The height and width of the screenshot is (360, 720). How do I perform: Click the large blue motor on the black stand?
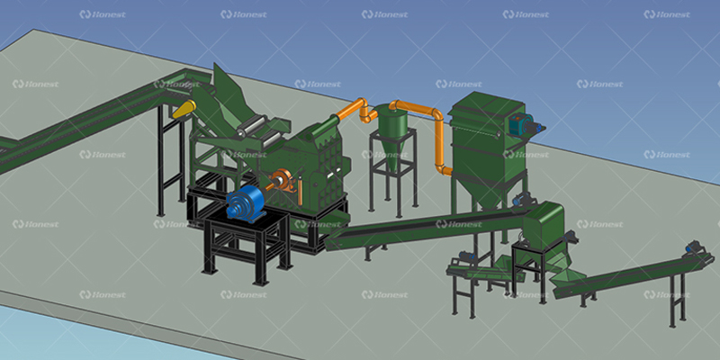(245, 203)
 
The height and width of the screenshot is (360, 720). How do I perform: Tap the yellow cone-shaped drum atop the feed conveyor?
(184, 109)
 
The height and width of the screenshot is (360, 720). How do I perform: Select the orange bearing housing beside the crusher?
(282, 180)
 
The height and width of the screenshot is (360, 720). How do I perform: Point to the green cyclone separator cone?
(391, 137)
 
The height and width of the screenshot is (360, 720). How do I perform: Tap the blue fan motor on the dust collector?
(524, 124)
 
